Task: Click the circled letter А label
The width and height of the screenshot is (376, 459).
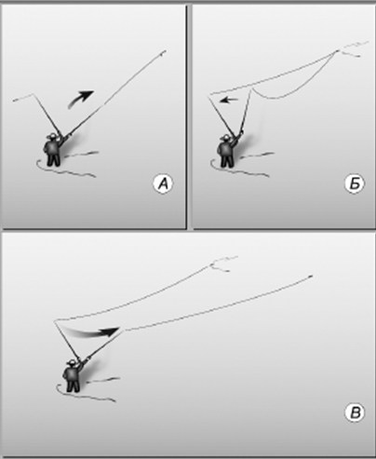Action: pyautogui.click(x=163, y=184)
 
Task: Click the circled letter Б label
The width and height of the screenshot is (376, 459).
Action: pyautogui.click(x=355, y=184)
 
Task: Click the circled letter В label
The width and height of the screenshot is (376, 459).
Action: pyautogui.click(x=355, y=412)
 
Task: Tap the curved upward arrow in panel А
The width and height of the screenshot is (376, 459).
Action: pyautogui.click(x=81, y=99)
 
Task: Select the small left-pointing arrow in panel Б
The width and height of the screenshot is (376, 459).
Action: pyautogui.click(x=228, y=100)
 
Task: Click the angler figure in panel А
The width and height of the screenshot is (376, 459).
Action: pyautogui.click(x=53, y=150)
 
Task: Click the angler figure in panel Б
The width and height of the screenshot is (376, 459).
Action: pyautogui.click(x=227, y=151)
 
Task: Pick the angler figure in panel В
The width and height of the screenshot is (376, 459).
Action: pyautogui.click(x=73, y=376)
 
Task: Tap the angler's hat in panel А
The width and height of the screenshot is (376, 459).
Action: pyautogui.click(x=53, y=136)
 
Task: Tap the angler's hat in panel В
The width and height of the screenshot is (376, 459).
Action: pyautogui.click(x=73, y=362)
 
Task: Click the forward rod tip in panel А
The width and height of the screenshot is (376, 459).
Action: pyautogui.click(x=164, y=52)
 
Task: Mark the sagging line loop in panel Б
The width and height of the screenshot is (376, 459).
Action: pyautogui.click(x=291, y=81)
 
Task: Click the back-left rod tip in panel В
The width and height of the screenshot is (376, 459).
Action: pyautogui.click(x=55, y=321)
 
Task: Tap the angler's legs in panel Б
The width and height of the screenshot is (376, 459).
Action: pyautogui.click(x=227, y=161)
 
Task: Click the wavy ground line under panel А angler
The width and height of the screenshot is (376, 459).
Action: pyautogui.click(x=66, y=169)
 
